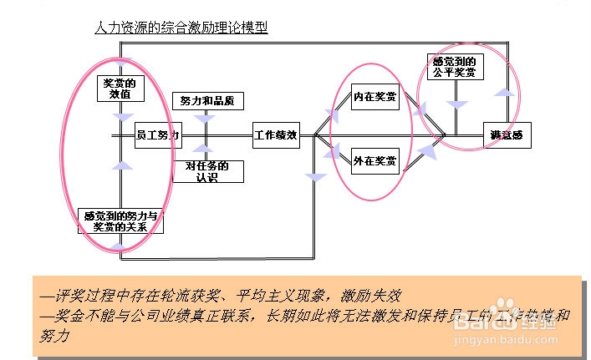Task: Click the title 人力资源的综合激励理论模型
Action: (x=181, y=27)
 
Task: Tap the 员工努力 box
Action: (x=157, y=134)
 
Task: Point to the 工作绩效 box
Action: (x=276, y=134)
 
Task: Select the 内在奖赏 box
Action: (x=374, y=97)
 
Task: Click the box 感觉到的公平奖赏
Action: (x=456, y=67)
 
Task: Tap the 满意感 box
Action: (x=507, y=134)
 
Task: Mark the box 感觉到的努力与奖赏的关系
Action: (x=120, y=221)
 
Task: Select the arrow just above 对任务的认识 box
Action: (x=201, y=151)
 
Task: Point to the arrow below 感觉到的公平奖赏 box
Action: (x=456, y=105)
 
